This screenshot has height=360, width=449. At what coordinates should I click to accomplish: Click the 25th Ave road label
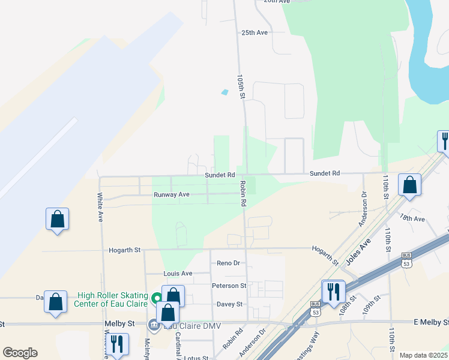pyautogui.click(x=254, y=32)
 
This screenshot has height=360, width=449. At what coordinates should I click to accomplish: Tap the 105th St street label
pyautogui.click(x=241, y=86)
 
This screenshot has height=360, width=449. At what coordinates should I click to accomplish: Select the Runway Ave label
pyautogui.click(x=171, y=194)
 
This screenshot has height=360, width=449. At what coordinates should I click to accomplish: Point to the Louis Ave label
pyautogui.click(x=178, y=273)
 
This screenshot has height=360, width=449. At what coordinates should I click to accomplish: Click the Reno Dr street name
pyautogui.click(x=228, y=263)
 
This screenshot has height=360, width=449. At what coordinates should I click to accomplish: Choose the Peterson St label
pyautogui.click(x=229, y=286)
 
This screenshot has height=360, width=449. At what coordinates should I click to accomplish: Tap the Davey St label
pyautogui.click(x=229, y=304)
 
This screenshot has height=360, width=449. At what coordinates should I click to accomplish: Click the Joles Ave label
pyautogui.click(x=358, y=249)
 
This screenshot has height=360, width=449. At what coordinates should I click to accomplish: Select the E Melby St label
pyautogui.click(x=431, y=322)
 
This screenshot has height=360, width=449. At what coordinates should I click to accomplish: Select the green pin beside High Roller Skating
pyautogui.click(x=156, y=297)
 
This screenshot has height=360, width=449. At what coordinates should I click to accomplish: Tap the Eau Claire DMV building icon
pyautogui.click(x=154, y=325)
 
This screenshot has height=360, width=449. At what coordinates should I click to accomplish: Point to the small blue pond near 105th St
pyautogui.click(x=225, y=92)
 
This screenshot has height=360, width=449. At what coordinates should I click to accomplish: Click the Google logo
pyautogui.click(x=20, y=352)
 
